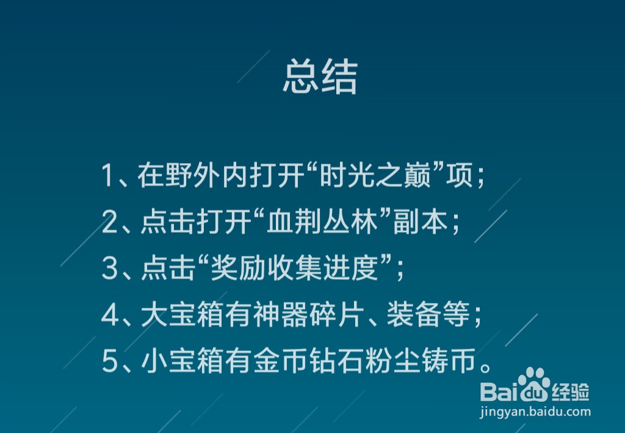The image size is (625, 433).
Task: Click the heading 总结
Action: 320,77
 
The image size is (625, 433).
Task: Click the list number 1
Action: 109,177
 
